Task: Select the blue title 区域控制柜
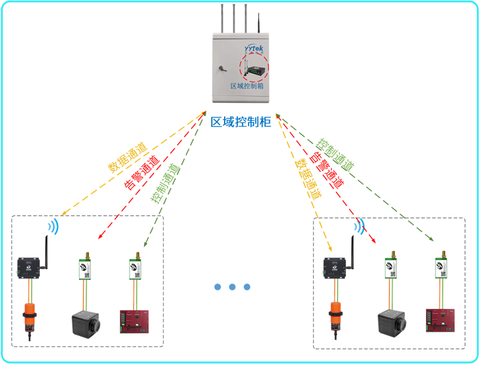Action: [241, 122]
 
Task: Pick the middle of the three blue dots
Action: [232, 287]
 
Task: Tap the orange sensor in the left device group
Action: [29, 317]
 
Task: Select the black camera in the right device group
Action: [392, 322]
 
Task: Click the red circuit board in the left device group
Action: [135, 322]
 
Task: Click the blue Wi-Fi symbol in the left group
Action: [52, 225]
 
